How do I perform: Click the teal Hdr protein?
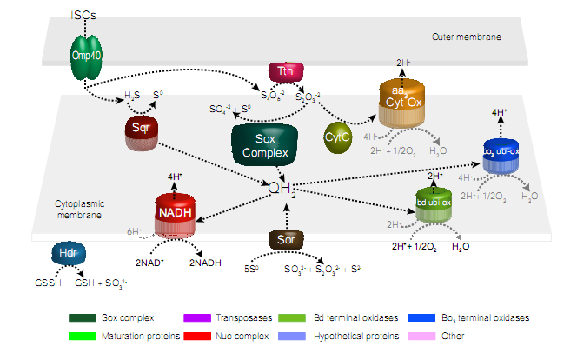click(x=68, y=254)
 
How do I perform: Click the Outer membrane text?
click(x=466, y=37)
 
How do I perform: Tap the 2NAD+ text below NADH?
click(x=149, y=263)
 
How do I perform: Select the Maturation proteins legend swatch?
click(x=86, y=334)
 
